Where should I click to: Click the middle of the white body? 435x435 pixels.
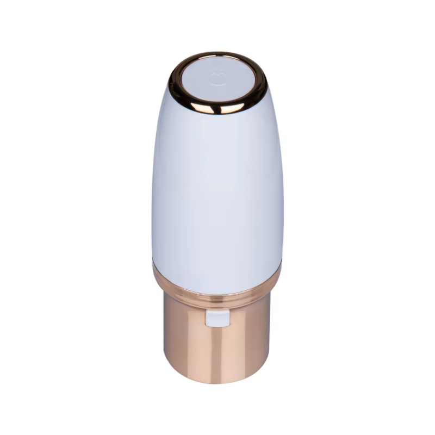pos(217,190)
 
